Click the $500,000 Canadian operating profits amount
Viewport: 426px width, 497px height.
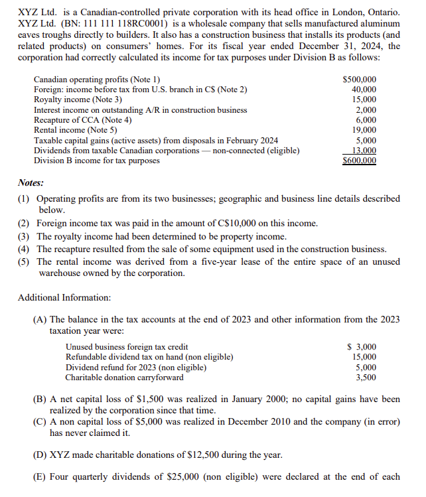point(359,79)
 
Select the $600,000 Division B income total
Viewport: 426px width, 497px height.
point(359,161)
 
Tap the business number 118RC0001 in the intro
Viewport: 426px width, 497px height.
point(159,25)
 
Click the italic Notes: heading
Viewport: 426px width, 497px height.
point(31,182)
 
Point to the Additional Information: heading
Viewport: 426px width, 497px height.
point(64,297)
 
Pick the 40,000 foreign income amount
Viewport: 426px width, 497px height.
point(364,89)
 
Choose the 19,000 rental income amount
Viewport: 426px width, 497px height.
point(364,130)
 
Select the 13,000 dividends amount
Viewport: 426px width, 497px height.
point(364,151)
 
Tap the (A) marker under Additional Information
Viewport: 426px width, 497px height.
point(40,319)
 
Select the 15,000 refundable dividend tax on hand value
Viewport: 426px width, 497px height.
point(364,357)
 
